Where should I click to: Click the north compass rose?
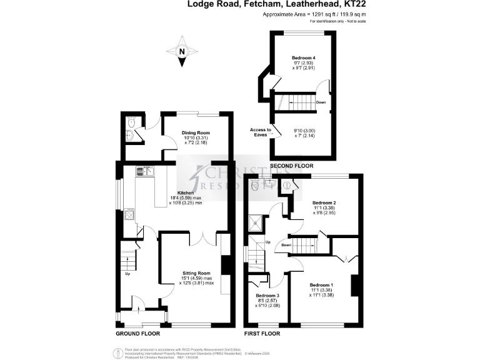pyautogui.click(x=181, y=53)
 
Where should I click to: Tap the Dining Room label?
pyautogui.click(x=196, y=133)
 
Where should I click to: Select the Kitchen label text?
pyautogui.click(x=186, y=193)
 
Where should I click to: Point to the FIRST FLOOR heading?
pyautogui.click(x=262, y=334)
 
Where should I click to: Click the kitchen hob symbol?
pyautogui.click(x=130, y=215)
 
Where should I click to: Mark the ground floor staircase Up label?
pyautogui.click(x=128, y=274)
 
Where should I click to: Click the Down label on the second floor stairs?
pyautogui.click(x=320, y=102)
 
